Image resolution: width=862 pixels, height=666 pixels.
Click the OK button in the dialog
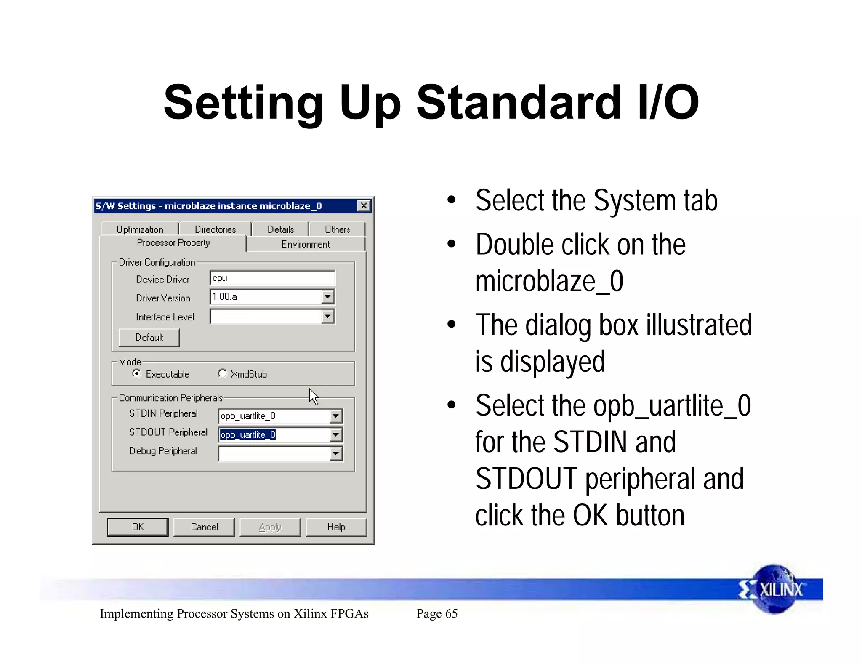[x=138, y=527]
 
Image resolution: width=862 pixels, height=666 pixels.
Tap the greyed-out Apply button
[x=270, y=527]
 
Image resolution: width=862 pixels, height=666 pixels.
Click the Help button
[x=336, y=527]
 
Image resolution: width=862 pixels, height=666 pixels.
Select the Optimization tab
[x=140, y=229]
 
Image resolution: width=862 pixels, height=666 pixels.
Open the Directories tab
[x=215, y=229]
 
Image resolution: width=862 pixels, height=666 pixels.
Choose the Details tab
[x=280, y=229]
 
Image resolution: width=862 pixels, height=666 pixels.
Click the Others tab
[x=337, y=229]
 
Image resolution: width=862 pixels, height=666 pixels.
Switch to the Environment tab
[x=306, y=244]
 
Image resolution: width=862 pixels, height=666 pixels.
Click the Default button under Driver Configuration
[x=149, y=338]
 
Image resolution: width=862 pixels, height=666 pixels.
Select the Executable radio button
[x=136, y=373]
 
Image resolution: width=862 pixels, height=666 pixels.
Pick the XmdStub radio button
[x=222, y=373]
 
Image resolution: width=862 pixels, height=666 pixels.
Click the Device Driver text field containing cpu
[x=272, y=278]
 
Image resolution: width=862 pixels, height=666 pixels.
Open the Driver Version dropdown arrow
[x=327, y=297]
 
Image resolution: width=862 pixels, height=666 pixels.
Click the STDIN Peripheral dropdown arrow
[x=335, y=416]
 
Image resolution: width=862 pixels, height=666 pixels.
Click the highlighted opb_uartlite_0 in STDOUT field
[x=248, y=434]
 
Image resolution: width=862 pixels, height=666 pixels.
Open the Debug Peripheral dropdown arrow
[x=335, y=453]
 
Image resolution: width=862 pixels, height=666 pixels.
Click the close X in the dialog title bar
[x=364, y=206]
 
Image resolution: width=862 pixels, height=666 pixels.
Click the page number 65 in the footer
[x=437, y=614]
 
